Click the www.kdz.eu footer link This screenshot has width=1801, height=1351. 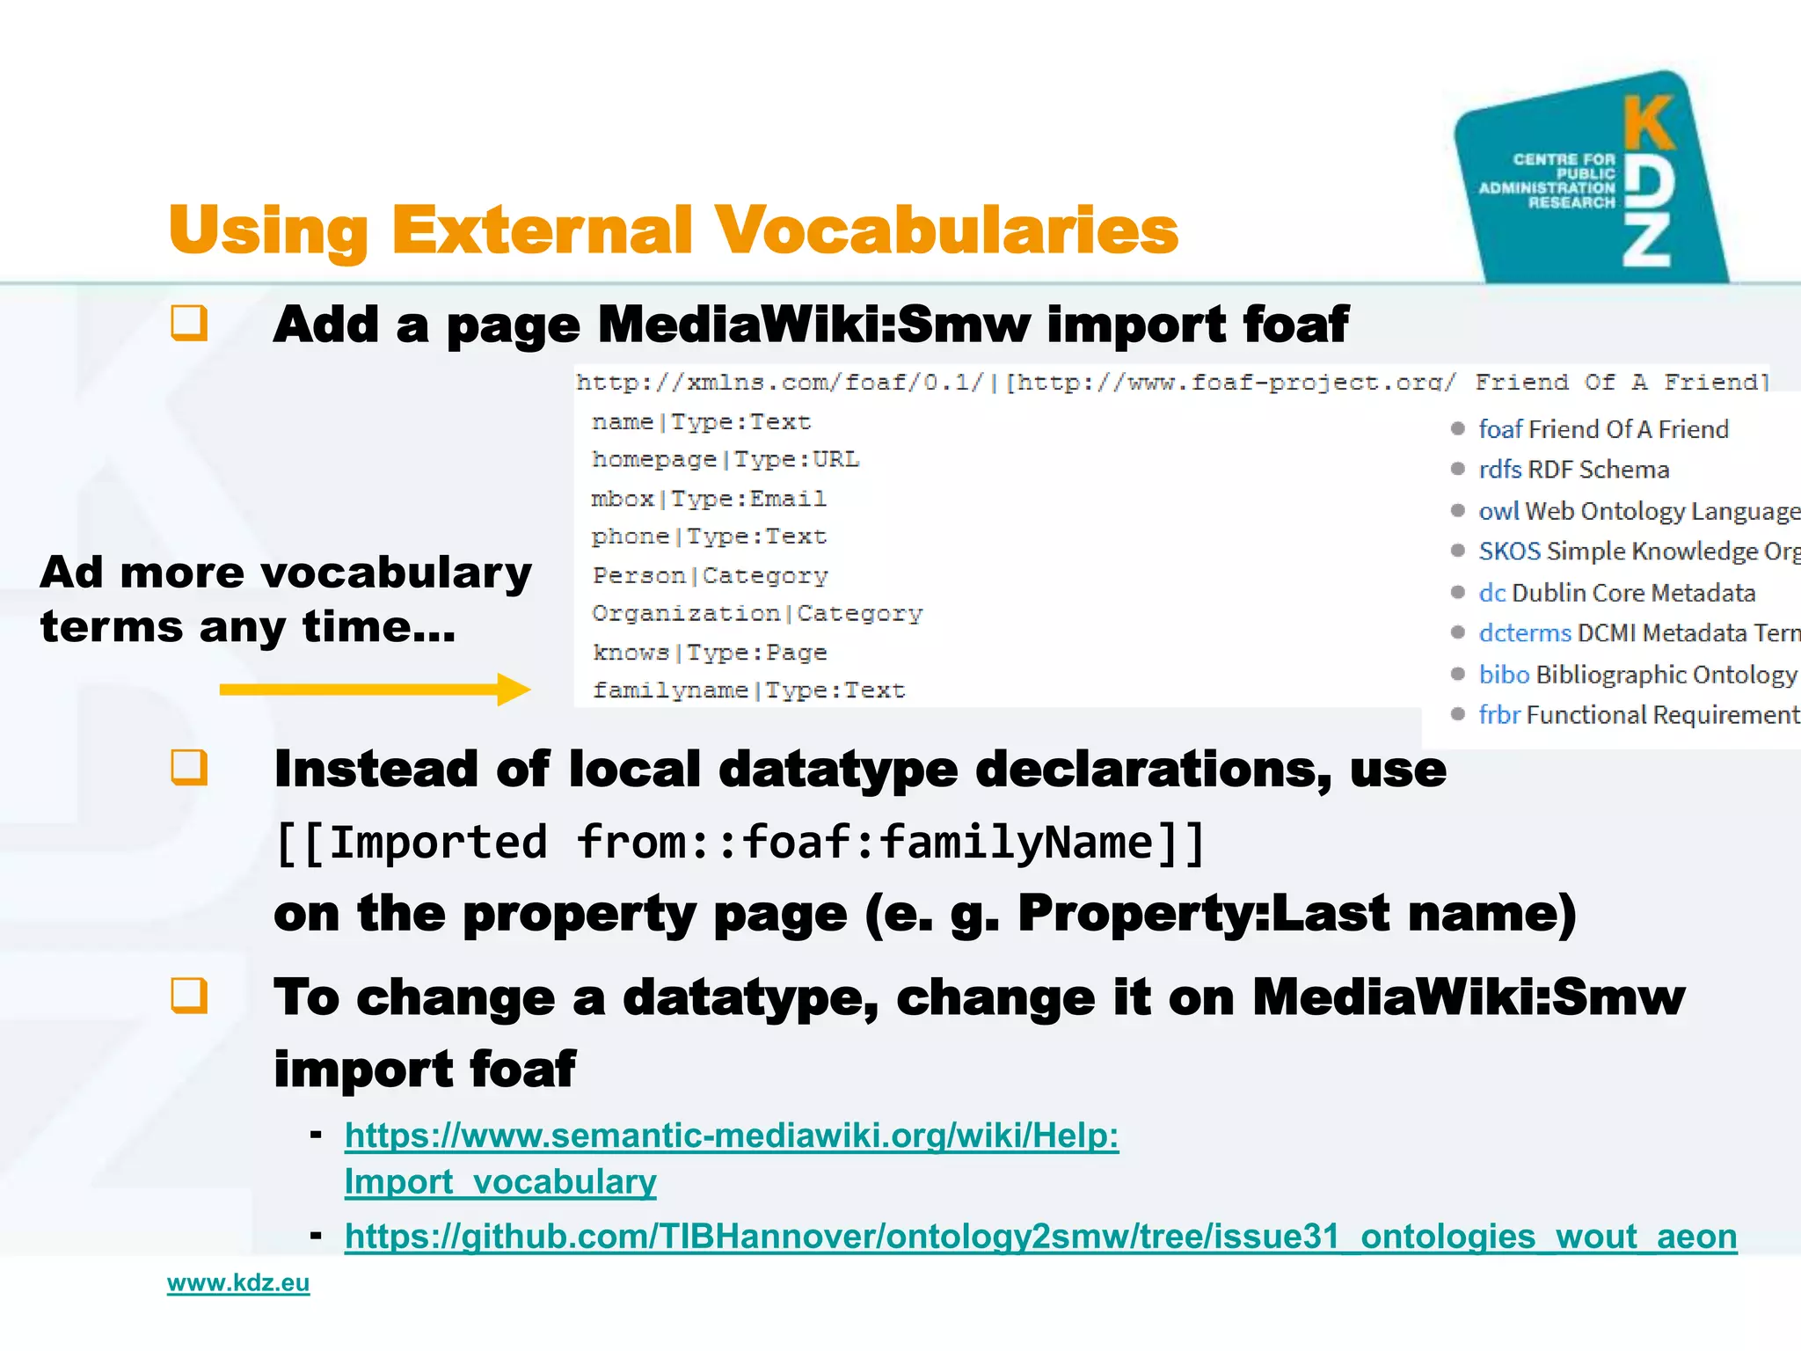coord(238,1282)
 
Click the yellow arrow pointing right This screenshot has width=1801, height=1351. coord(375,690)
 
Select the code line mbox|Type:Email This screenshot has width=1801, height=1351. coord(709,499)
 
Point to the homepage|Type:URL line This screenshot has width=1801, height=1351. coord(726,459)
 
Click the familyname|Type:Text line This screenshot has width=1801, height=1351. coord(748,690)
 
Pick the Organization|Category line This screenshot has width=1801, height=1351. coord(757,613)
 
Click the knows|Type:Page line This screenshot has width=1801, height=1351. coord(710,653)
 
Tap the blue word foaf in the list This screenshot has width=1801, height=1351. coord(1500,429)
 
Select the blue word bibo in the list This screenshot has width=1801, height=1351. coord(1504,675)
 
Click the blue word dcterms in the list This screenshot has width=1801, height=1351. coord(1525,633)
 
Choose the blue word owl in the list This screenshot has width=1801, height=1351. coord(1498,511)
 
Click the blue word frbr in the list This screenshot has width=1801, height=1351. coord(1499,715)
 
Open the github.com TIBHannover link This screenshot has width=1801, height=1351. coord(1040,1236)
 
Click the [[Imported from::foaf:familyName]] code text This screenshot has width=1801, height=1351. coord(740,843)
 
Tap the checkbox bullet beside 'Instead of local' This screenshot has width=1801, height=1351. coord(189,767)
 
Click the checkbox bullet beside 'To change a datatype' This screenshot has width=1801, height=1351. coord(189,996)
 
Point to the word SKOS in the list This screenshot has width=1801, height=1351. coord(1510,551)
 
